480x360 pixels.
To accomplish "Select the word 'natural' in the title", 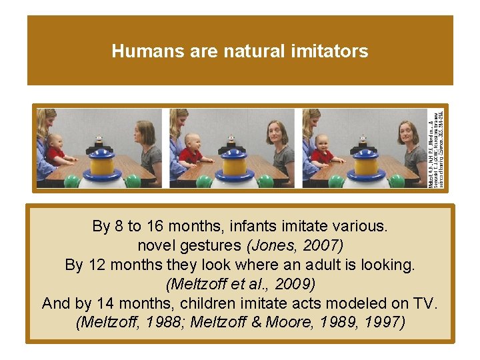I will point(253,51).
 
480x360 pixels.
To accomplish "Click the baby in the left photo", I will point(55,149).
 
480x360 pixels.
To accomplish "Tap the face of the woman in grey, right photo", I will point(407,133).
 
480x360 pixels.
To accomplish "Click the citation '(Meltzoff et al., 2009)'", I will point(240,284).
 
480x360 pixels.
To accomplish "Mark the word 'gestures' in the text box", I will point(213,245).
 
